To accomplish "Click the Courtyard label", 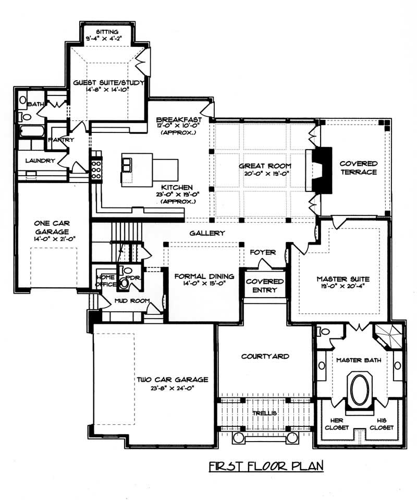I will pos(265,357).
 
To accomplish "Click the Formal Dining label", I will pos(204,276).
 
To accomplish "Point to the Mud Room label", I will pos(132,301).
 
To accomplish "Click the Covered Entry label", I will pos(265,286).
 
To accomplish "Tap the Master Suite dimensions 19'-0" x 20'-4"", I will pos(340,286).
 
